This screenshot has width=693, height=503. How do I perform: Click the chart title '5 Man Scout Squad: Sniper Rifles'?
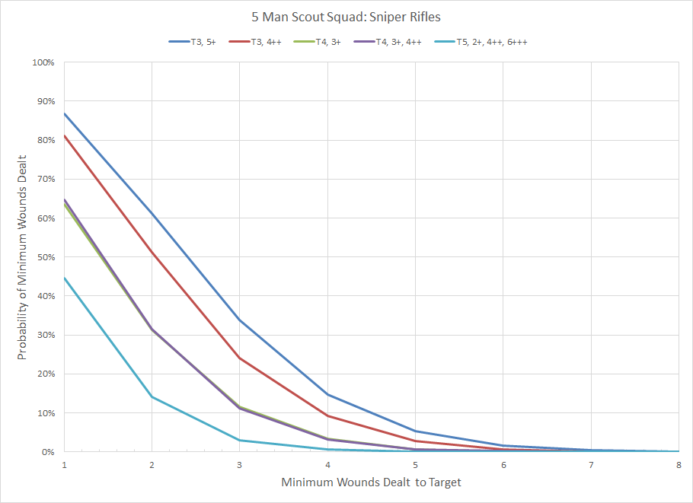(x=346, y=16)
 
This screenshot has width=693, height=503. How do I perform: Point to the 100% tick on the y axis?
(x=43, y=62)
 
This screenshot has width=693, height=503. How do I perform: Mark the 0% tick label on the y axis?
(x=48, y=452)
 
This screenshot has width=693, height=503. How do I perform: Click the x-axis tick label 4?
(x=327, y=464)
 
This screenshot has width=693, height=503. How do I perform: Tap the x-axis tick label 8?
(x=678, y=464)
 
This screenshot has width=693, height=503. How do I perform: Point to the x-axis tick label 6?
(x=503, y=464)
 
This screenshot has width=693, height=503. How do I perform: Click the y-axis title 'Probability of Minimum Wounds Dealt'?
(x=23, y=256)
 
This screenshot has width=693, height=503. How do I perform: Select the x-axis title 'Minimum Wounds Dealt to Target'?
(x=371, y=482)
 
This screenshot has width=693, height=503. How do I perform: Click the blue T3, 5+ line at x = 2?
(x=152, y=214)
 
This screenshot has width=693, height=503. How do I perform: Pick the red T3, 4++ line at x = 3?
(x=240, y=358)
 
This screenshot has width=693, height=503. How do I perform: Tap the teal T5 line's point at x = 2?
(x=152, y=396)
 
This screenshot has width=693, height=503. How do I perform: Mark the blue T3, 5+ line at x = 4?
(x=327, y=394)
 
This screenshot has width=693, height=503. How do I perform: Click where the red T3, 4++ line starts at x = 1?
(x=65, y=136)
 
